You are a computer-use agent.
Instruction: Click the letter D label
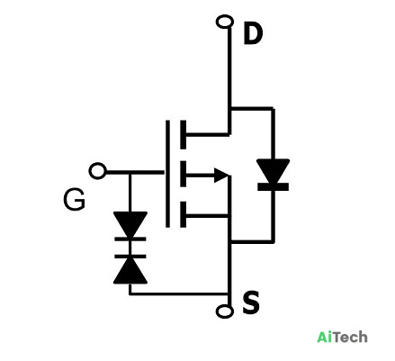tap(253, 34)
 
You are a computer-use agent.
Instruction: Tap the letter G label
tap(74, 200)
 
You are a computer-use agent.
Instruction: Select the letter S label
tap(251, 302)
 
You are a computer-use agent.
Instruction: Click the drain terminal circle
tap(225, 22)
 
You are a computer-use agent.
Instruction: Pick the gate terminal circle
tap(97, 171)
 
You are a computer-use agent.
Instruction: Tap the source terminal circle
tap(224, 311)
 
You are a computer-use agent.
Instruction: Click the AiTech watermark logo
tap(342, 337)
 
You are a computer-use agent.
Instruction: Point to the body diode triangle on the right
tap(273, 170)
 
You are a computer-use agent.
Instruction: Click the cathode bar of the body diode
tap(273, 187)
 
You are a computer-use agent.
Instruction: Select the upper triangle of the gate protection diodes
tap(130, 223)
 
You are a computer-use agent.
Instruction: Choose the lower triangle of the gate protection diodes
tap(130, 272)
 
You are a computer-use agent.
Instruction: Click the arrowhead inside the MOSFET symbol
tap(221, 176)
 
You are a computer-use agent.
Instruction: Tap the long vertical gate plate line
tap(167, 174)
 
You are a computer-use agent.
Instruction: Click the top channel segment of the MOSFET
tap(183, 135)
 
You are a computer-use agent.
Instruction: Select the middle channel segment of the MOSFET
tap(183, 174)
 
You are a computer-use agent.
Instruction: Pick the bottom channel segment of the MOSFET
tap(183, 214)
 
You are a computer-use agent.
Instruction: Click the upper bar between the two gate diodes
tap(130, 239)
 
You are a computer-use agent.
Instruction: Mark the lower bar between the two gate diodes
tap(130, 257)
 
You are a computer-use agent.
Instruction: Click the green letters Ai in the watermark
tap(324, 337)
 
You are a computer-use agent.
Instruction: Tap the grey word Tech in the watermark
tap(350, 337)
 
